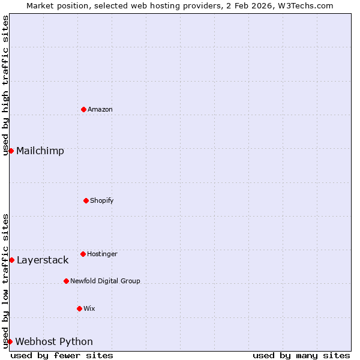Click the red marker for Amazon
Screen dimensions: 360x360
pos(83,109)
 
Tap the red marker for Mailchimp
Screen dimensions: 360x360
pos(11,151)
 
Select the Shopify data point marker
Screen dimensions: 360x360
pos(86,200)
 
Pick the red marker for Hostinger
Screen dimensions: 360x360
pos(83,254)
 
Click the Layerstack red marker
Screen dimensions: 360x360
pos(11,260)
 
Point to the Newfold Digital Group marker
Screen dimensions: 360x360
pos(66,281)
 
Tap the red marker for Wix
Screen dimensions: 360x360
pos(79,308)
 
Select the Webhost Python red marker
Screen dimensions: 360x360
pos(10,341)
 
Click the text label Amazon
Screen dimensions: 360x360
pos(100,109)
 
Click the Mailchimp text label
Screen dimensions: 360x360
pos(40,151)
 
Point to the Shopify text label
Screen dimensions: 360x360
pos(102,200)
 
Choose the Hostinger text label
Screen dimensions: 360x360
pos(102,254)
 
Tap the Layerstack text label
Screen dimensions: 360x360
pos(43,260)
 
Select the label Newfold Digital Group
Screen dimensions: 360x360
pos(105,281)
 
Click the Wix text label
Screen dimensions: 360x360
pos(89,308)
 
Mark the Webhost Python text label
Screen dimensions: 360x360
pos(54,341)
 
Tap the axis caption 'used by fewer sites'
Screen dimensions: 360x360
pos(62,355)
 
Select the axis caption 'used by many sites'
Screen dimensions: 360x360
pos(301,355)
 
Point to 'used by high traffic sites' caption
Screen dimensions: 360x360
pos(5,85)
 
